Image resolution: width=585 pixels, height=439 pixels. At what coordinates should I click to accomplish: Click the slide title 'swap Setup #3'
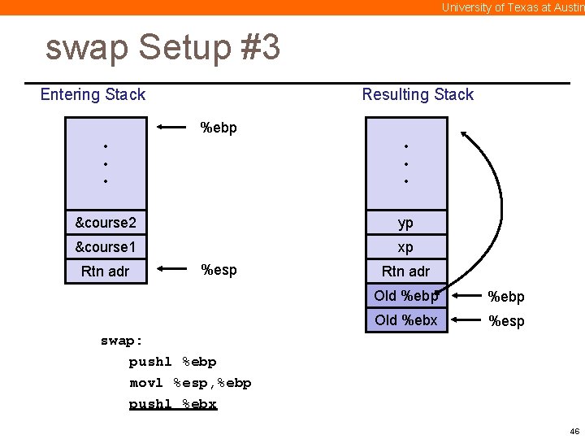pyautogui.click(x=163, y=47)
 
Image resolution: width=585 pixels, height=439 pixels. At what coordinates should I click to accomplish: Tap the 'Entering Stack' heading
pyautogui.click(x=93, y=94)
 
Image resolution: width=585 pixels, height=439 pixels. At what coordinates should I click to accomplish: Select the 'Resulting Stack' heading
pyautogui.click(x=418, y=94)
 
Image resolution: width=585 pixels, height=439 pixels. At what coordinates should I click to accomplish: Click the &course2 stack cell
pyautogui.click(x=106, y=223)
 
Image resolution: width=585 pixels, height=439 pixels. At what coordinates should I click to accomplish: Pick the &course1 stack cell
pyautogui.click(x=106, y=247)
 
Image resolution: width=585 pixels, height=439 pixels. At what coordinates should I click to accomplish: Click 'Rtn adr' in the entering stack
pyautogui.click(x=106, y=272)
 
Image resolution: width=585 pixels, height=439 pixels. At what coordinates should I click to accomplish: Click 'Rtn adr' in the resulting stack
pyautogui.click(x=406, y=272)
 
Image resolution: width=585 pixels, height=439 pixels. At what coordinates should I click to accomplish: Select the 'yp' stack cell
pyautogui.click(x=406, y=223)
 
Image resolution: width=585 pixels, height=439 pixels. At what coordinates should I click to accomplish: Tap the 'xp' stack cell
pyautogui.click(x=406, y=247)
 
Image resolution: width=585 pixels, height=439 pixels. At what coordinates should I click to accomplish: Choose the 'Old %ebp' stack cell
pyautogui.click(x=406, y=296)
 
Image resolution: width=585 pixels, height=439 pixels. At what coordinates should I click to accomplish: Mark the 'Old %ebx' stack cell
pyautogui.click(x=406, y=320)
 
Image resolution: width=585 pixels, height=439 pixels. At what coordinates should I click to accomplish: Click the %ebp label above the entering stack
pyautogui.click(x=219, y=128)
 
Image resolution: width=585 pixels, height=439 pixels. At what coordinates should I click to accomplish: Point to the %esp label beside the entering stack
pyautogui.click(x=219, y=270)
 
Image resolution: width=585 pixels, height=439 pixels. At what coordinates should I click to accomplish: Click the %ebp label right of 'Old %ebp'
pyautogui.click(x=506, y=297)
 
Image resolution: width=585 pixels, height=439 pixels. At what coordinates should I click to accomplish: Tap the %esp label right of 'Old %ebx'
pyautogui.click(x=506, y=321)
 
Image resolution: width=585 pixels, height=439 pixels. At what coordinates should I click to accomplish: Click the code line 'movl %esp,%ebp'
pyautogui.click(x=190, y=383)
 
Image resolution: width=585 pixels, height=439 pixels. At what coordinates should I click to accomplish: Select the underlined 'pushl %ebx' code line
pyautogui.click(x=173, y=404)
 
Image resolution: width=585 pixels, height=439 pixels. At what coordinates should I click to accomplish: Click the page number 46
pyautogui.click(x=574, y=431)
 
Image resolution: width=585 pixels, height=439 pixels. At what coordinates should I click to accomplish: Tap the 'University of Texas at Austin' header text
pyautogui.click(x=513, y=7)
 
